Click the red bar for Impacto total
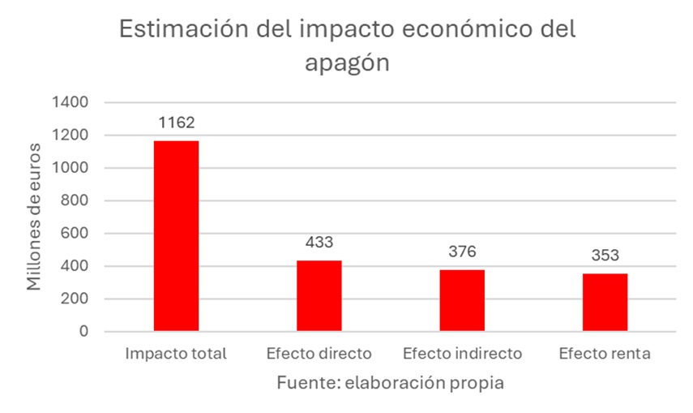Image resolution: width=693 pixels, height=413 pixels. (176, 235)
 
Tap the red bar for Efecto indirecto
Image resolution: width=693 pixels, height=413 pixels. (462, 300)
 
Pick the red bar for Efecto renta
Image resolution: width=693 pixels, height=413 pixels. (605, 302)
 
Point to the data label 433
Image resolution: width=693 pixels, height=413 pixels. (319, 242)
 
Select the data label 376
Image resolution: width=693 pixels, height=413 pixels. (462, 252)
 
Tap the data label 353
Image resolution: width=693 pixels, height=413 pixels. (605, 255)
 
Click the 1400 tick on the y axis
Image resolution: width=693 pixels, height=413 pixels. (72, 103)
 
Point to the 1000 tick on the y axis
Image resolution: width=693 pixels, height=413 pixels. (72, 168)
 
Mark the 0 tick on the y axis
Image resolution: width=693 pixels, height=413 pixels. (84, 332)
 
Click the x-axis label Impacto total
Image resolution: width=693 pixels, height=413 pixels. (176, 354)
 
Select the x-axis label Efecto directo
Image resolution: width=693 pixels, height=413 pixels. (319, 354)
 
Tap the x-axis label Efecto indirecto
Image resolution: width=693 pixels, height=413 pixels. (462, 354)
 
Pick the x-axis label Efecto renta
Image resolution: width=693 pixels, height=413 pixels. (605, 354)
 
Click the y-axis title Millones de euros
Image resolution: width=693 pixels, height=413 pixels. (35, 217)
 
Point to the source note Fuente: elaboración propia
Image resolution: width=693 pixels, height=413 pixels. (390, 382)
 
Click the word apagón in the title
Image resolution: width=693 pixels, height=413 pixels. (347, 63)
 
